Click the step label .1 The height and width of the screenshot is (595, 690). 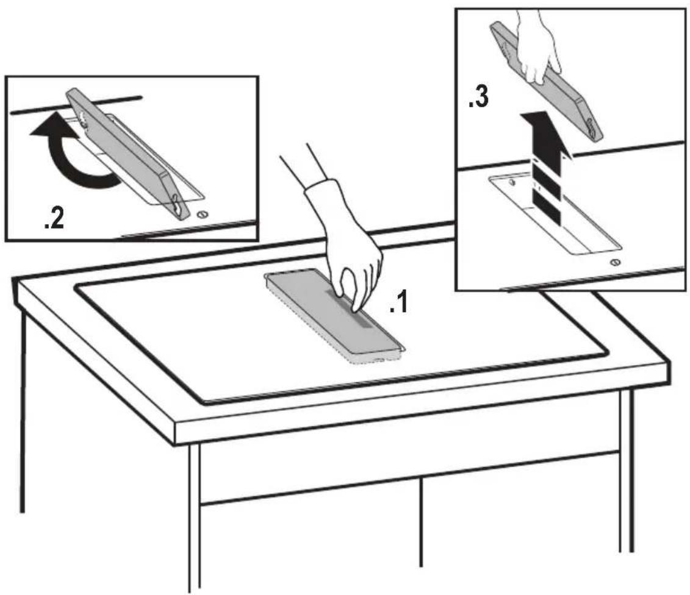[x=398, y=304]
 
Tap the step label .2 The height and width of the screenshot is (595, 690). [x=54, y=218]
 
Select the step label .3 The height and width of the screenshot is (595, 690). [x=478, y=97]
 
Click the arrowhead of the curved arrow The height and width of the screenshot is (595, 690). [x=47, y=125]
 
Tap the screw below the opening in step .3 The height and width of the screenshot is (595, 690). [x=615, y=263]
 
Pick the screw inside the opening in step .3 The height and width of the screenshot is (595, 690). [x=512, y=182]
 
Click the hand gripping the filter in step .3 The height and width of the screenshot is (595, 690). [x=537, y=48]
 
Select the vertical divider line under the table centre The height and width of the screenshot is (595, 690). [x=421, y=522]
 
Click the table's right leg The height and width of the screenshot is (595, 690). [x=627, y=471]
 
